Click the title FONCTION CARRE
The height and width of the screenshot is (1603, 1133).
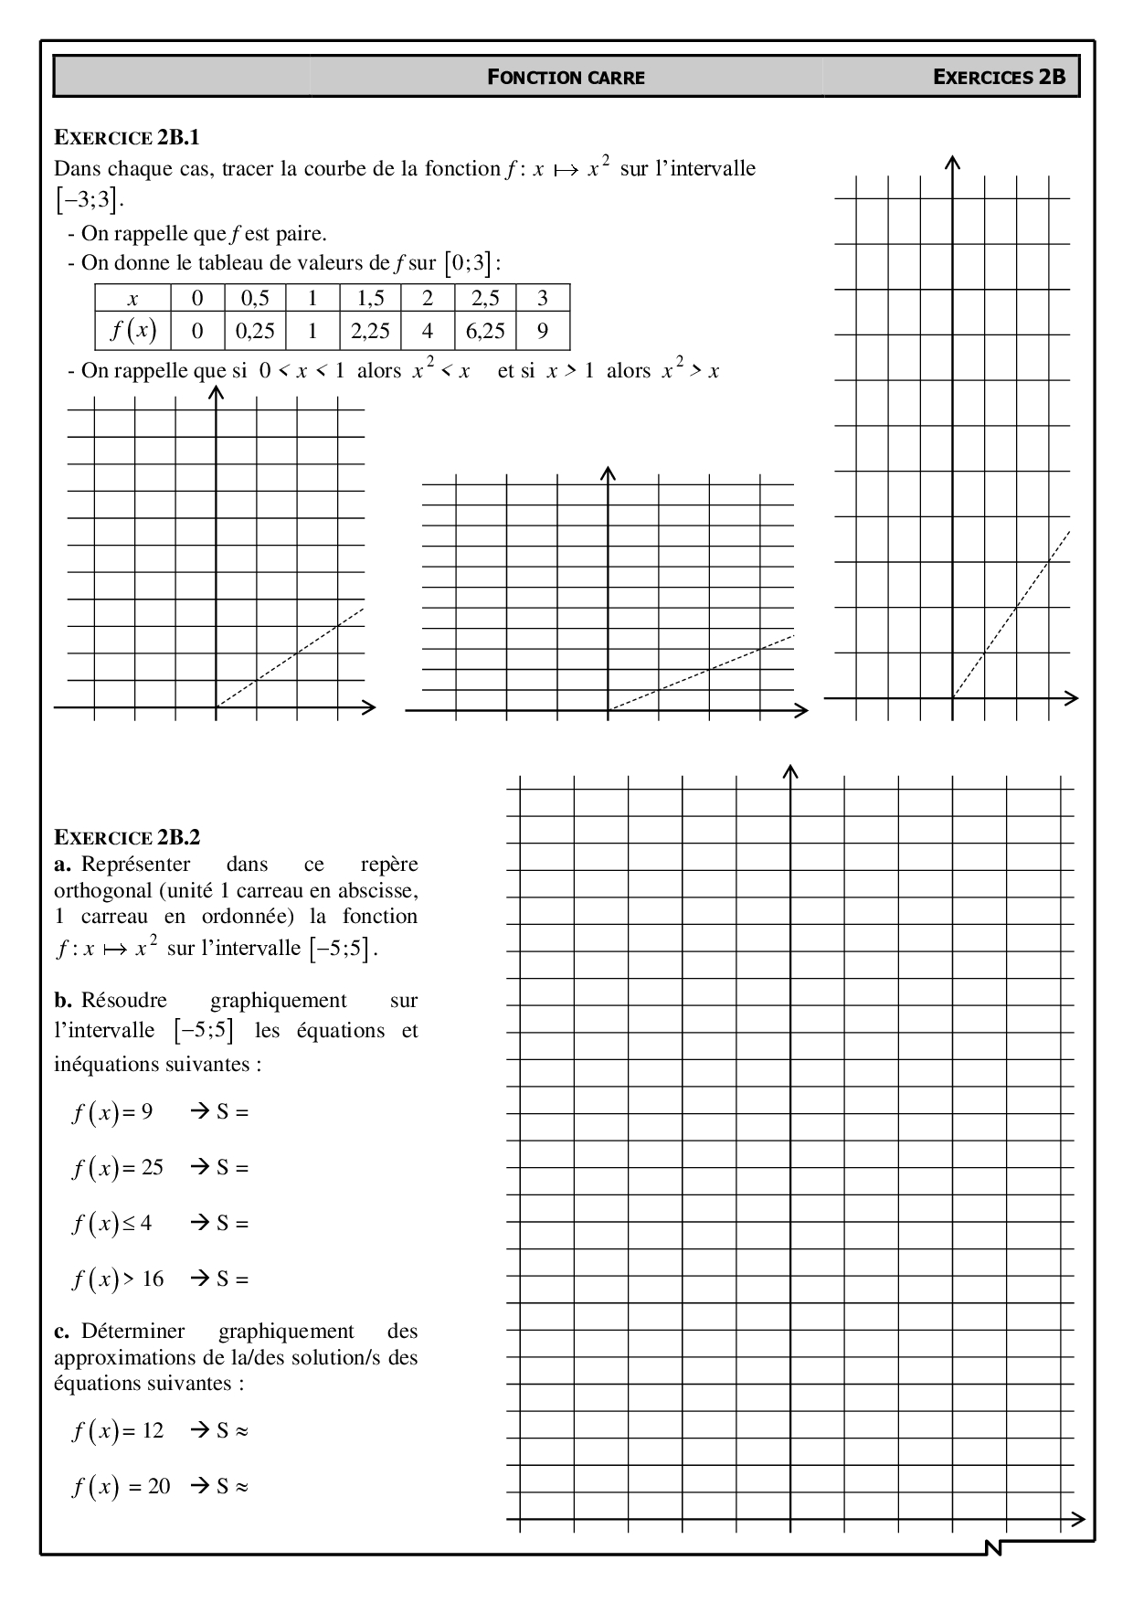(566, 78)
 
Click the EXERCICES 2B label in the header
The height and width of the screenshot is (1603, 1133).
(999, 77)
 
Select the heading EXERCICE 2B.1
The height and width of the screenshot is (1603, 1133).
(127, 138)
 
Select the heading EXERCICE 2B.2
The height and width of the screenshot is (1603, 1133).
(127, 837)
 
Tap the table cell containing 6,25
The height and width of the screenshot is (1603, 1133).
(485, 331)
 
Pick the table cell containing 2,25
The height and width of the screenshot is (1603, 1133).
(370, 331)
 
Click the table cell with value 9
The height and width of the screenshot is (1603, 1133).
(543, 331)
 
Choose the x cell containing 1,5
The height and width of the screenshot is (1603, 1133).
(370, 298)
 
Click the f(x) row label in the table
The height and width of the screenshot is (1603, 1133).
(133, 330)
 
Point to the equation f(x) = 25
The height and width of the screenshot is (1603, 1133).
(118, 1168)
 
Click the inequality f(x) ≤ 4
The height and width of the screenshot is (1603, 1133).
(112, 1223)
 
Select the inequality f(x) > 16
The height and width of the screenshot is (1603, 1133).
(118, 1279)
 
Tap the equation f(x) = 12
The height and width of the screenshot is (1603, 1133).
(118, 1430)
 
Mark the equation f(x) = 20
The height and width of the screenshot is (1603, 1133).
(122, 1487)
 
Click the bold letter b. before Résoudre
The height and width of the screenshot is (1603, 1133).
(62, 1001)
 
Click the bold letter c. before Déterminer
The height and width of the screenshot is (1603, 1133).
(61, 1332)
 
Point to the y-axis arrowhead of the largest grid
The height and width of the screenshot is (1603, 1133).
(791, 771)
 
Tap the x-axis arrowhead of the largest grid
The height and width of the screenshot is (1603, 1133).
(1078, 1519)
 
